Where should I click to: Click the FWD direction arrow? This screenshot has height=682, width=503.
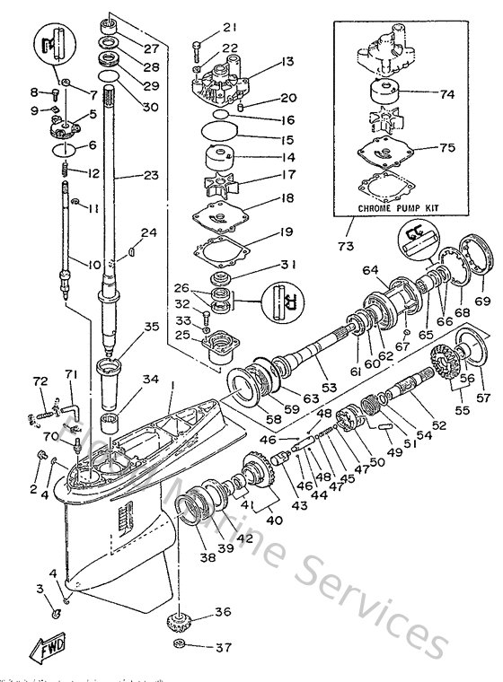tap(44, 648)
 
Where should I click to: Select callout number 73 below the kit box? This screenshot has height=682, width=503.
tap(345, 244)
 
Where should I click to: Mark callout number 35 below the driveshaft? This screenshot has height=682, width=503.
tap(176, 327)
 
